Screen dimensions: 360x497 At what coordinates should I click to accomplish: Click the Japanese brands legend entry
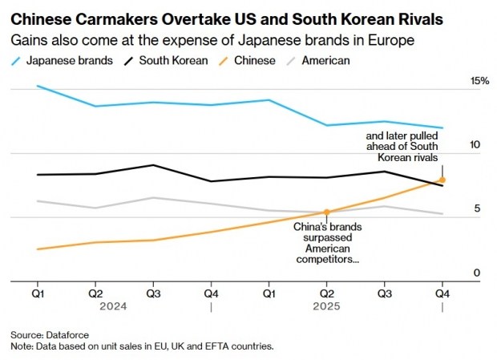coord(55,60)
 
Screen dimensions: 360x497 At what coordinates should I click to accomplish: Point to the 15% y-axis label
coord(479,82)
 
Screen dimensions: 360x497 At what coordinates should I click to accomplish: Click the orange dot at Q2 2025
coord(327,212)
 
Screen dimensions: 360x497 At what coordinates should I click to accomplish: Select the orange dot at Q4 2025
coord(442,180)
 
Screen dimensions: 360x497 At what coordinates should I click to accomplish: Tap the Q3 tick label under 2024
coord(152,293)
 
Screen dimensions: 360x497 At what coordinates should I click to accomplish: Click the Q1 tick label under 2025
coord(269,293)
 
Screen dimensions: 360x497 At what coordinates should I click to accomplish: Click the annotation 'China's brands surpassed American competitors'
coord(327,243)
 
